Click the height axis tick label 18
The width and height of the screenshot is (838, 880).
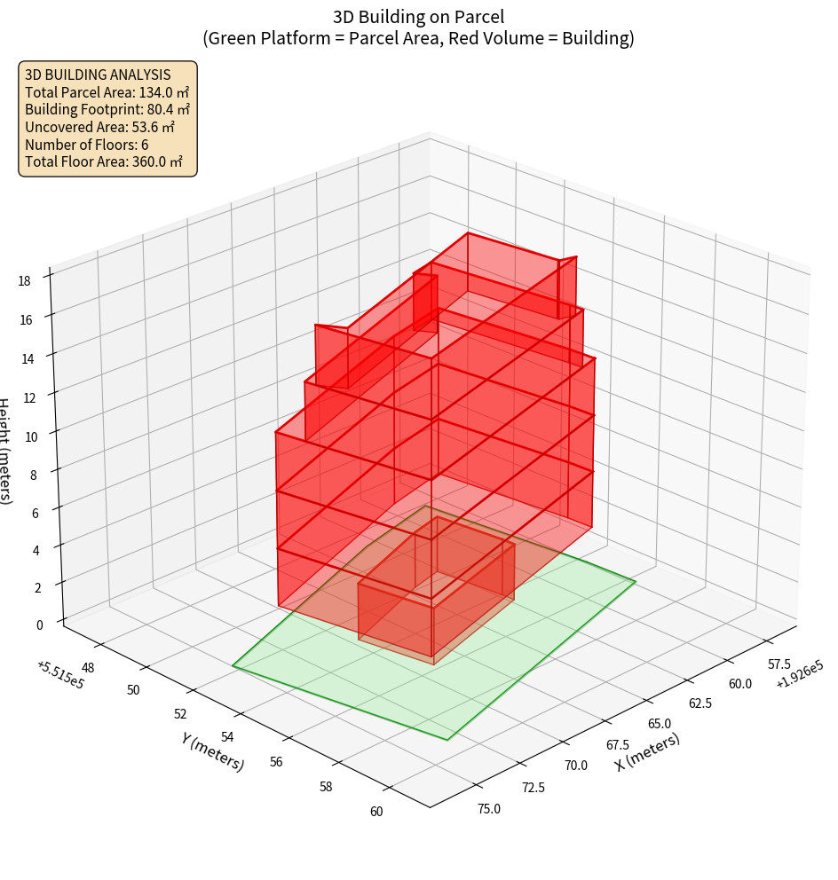coord(24,281)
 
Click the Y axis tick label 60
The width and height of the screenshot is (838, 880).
coord(376,811)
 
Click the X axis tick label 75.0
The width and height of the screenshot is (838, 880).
coord(488,808)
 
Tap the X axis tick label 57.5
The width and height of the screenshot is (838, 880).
coord(779,664)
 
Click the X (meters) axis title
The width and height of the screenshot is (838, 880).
coord(648,751)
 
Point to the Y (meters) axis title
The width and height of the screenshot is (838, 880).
coord(213,751)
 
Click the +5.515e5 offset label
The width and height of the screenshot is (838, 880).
coord(60,673)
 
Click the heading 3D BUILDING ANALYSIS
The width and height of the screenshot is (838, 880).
coord(98,74)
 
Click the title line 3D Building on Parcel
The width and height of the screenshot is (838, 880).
coord(418,16)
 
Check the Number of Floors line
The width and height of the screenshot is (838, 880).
coord(86,145)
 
